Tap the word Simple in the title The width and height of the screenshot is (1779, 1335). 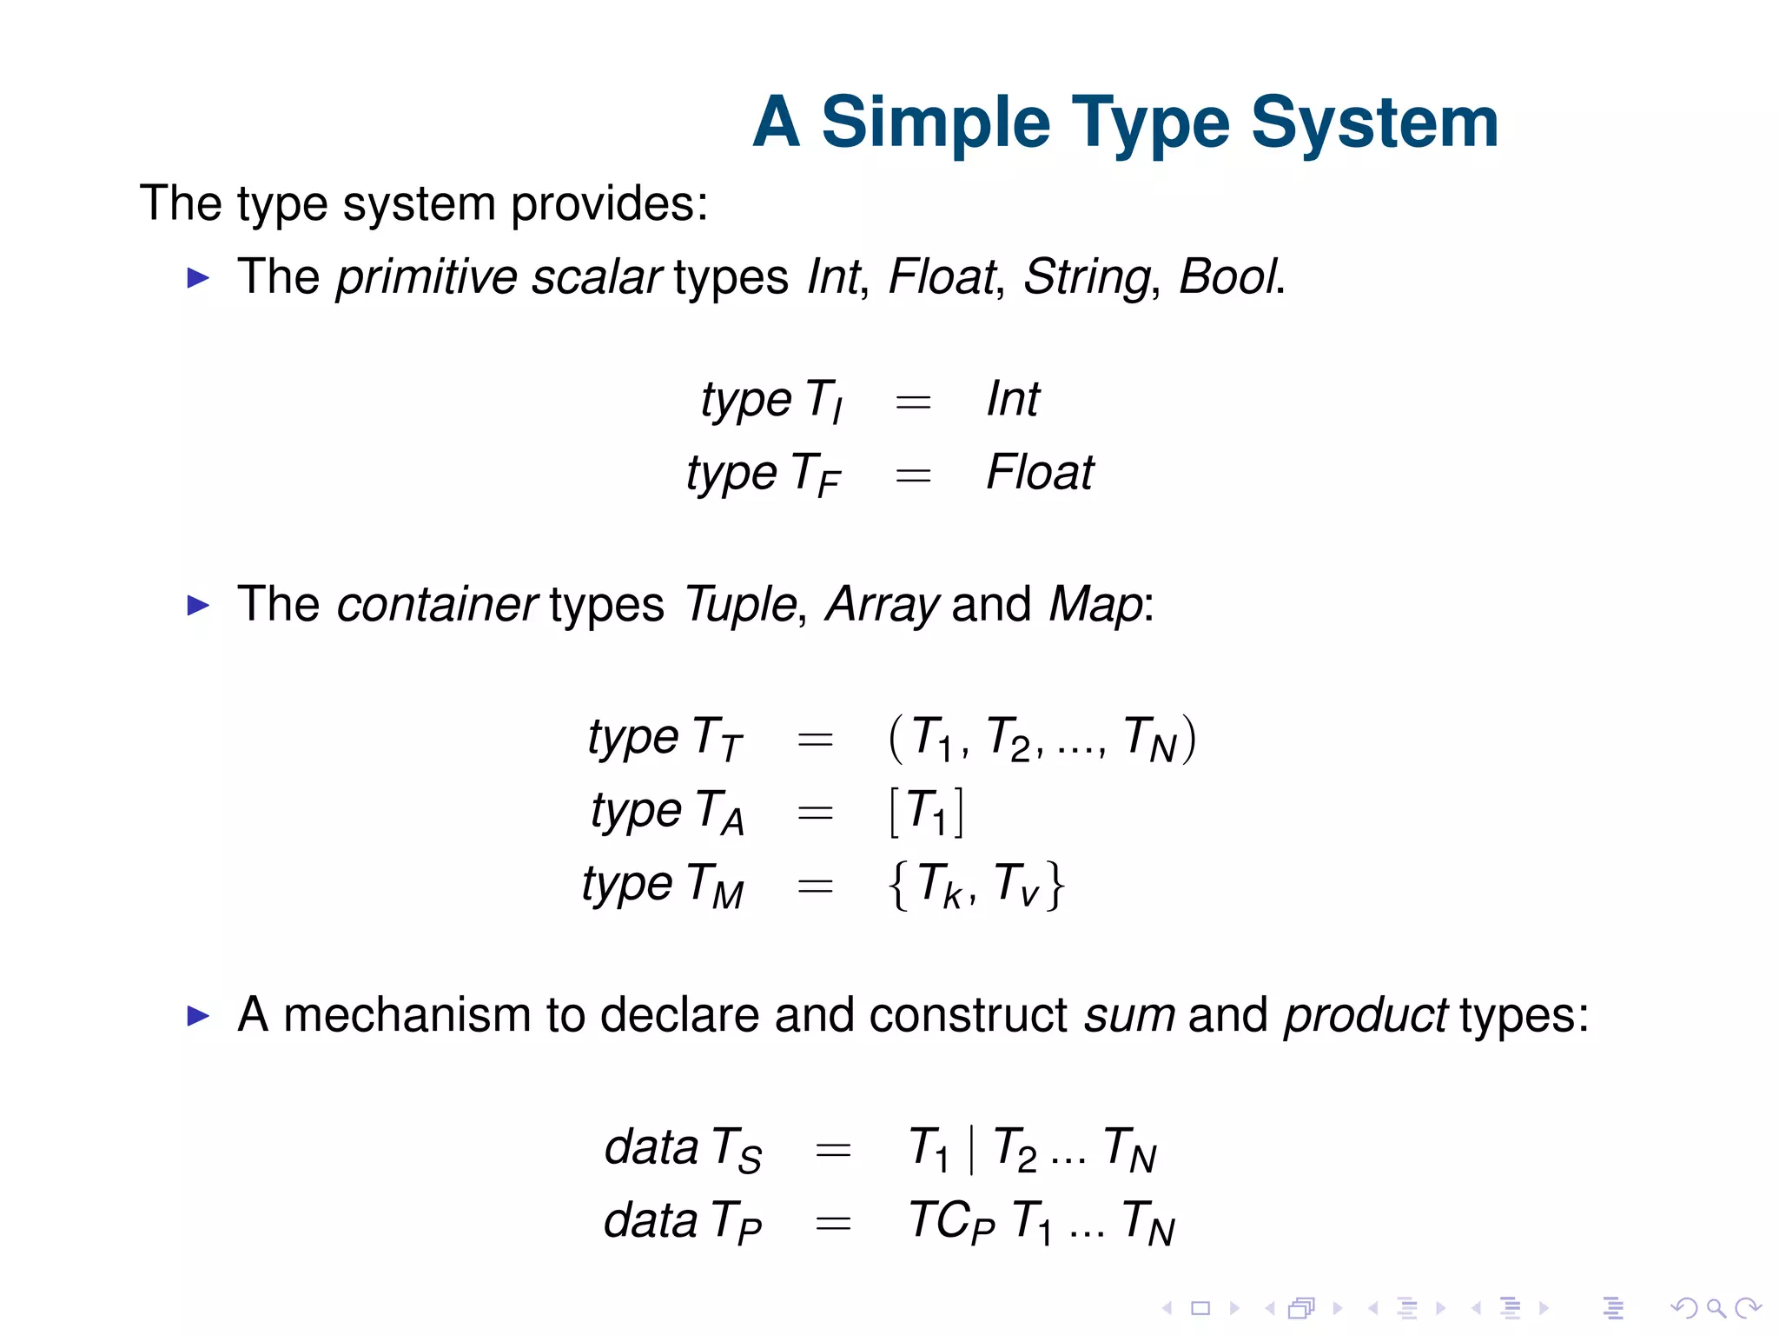pos(935,123)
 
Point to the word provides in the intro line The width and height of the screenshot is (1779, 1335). pos(608,205)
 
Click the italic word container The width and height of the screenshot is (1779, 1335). pos(436,605)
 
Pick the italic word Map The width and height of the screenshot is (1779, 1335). pos(1096,605)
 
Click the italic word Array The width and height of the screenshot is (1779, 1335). pos(882,605)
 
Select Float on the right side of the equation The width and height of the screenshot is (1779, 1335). pos(1040,473)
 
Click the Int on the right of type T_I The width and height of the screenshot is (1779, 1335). pos(1013,400)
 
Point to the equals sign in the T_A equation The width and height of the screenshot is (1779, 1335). pos(815,814)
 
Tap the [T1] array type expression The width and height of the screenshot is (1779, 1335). pos(926,813)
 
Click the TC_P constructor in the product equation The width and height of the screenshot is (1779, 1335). pos(950,1222)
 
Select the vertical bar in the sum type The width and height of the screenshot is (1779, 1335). pos(971,1149)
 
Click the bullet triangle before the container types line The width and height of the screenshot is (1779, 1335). pos(199,606)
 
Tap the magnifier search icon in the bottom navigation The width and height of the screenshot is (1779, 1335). pos(1716,1308)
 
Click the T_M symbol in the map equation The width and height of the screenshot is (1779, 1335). pos(715,887)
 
